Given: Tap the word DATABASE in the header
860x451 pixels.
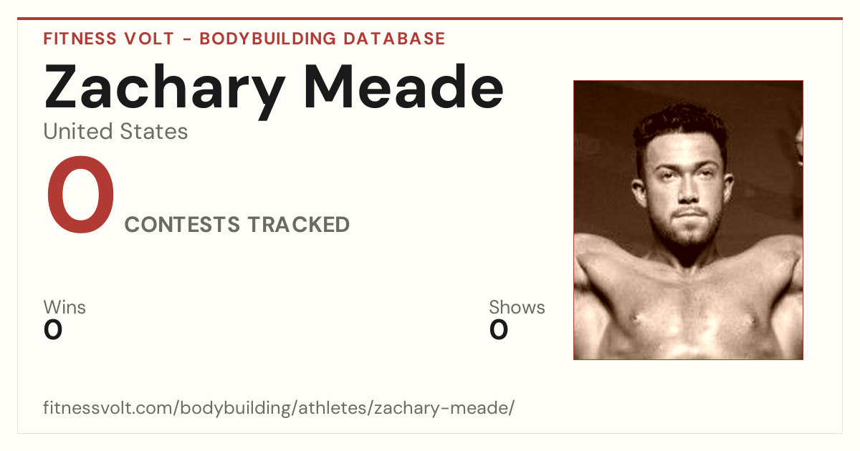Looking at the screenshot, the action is [394, 39].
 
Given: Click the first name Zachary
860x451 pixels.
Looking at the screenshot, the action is [165, 90].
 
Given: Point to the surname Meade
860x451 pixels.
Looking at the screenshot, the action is [403, 87].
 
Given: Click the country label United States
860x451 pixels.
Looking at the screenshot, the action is [115, 131].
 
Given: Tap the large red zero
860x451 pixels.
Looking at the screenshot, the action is [80, 195].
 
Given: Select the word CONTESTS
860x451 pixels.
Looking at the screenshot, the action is [182, 224].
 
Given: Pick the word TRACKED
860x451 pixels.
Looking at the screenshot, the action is [299, 224].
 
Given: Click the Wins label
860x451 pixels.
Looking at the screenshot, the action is [64, 307].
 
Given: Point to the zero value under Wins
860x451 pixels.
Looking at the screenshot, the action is [53, 330].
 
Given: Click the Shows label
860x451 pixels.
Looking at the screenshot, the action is [517, 307].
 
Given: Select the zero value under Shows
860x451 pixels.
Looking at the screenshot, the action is [499, 330].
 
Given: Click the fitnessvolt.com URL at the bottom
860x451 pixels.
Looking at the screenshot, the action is [279, 407].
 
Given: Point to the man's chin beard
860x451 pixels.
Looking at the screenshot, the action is [689, 235].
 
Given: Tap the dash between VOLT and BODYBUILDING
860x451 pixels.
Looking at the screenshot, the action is [187, 39].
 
